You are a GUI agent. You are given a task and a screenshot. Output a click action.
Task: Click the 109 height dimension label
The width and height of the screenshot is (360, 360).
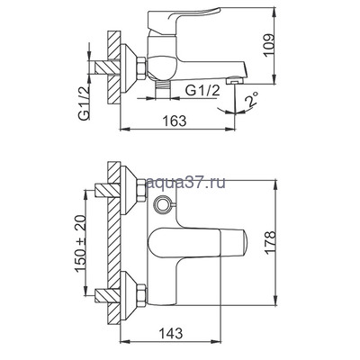[268, 45]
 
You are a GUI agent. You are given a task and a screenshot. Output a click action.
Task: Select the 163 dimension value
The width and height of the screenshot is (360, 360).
[175, 121]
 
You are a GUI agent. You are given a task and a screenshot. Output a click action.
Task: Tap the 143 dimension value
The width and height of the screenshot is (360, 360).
[170, 333]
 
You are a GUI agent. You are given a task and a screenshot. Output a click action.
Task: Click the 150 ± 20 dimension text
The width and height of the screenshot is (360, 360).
[81, 244]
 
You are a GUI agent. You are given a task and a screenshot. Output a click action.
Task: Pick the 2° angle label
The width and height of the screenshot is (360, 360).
[251, 100]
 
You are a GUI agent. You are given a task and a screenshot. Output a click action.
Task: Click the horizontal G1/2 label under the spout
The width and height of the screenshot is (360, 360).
[202, 91]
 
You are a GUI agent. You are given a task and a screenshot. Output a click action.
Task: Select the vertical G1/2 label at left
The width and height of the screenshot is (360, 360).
[85, 103]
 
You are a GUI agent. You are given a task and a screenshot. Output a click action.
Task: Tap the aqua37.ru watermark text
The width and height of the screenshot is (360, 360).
[185, 183]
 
